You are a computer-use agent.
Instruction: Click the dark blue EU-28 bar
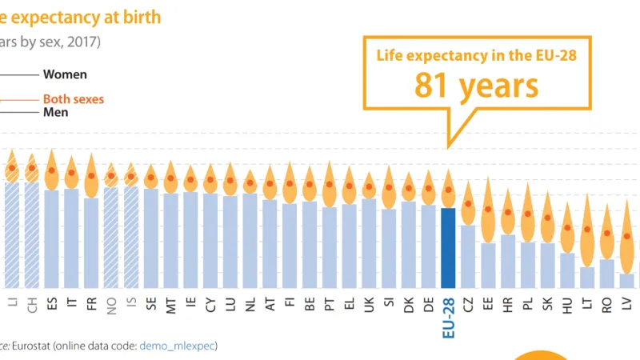point(448,247)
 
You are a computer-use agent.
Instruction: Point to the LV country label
point(626,305)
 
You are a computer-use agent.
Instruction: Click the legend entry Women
point(65,74)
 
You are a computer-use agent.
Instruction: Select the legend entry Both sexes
point(73,99)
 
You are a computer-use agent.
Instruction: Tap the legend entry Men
point(55,112)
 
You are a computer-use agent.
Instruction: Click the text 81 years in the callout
point(476,85)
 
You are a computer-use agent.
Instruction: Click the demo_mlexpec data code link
point(178,346)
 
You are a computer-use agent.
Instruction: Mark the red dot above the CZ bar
point(468,204)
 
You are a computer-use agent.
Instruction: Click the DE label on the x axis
point(429,305)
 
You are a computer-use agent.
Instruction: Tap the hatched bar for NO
point(111,237)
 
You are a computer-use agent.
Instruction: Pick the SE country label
point(151,305)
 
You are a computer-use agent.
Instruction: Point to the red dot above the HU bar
point(567,227)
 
